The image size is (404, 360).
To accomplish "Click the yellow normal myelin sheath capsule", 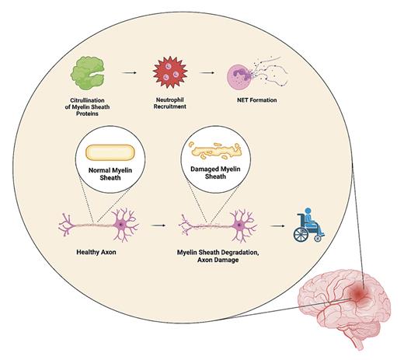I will tap(110, 153).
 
